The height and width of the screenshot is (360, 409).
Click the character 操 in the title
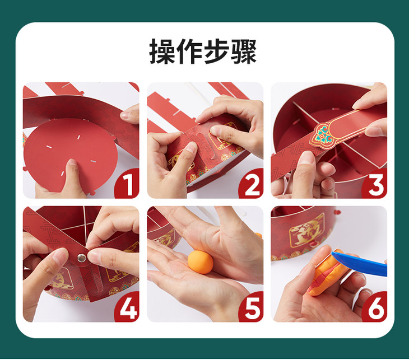[x=162, y=52]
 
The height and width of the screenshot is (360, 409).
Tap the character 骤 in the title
[x=244, y=52]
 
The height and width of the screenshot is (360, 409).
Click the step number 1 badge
[x=127, y=183]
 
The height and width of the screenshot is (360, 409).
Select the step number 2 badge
[x=251, y=183]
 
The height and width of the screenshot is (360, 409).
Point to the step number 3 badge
[x=375, y=183]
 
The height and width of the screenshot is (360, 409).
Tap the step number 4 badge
[x=127, y=307]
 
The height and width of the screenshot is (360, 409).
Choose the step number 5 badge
[x=251, y=307]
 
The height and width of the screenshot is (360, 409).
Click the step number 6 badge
[x=375, y=307]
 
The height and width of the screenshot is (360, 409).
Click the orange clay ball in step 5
[x=201, y=262]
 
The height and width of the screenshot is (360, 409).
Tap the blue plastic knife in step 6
[x=360, y=263]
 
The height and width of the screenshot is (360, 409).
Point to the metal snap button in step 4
[x=82, y=258]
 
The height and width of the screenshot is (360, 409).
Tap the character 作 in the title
[x=189, y=52]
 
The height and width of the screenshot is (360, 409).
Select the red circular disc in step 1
[x=71, y=155]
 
